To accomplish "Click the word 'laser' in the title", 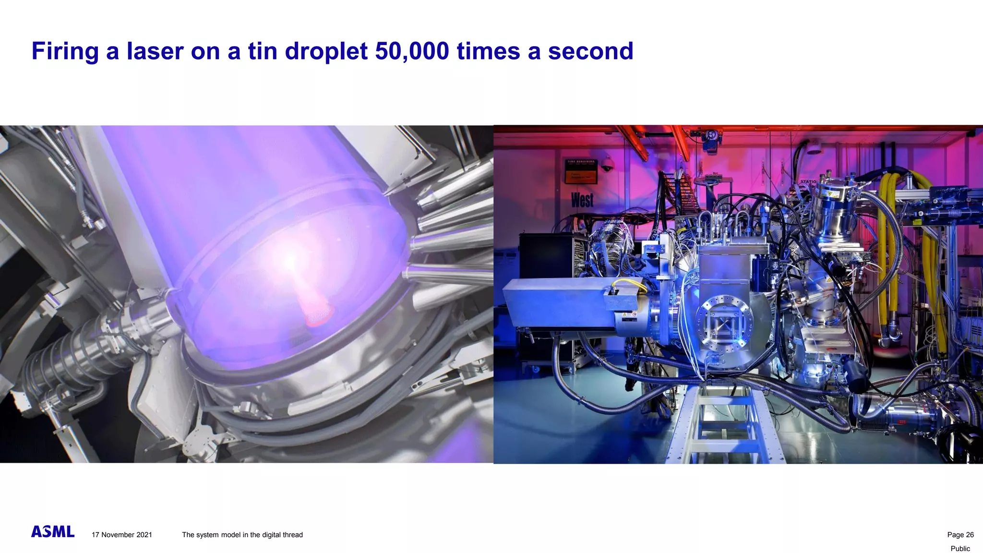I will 155,51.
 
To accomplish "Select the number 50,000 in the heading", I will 412,51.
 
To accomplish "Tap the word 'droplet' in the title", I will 326,51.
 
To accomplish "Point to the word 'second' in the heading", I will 590,51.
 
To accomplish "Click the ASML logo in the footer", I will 53,531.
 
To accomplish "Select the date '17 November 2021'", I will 122,535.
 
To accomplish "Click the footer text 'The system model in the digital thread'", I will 242,535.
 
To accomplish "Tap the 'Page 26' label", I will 960,535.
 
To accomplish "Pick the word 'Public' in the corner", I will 960,548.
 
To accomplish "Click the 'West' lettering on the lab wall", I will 582,200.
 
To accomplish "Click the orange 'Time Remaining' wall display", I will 581,171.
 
